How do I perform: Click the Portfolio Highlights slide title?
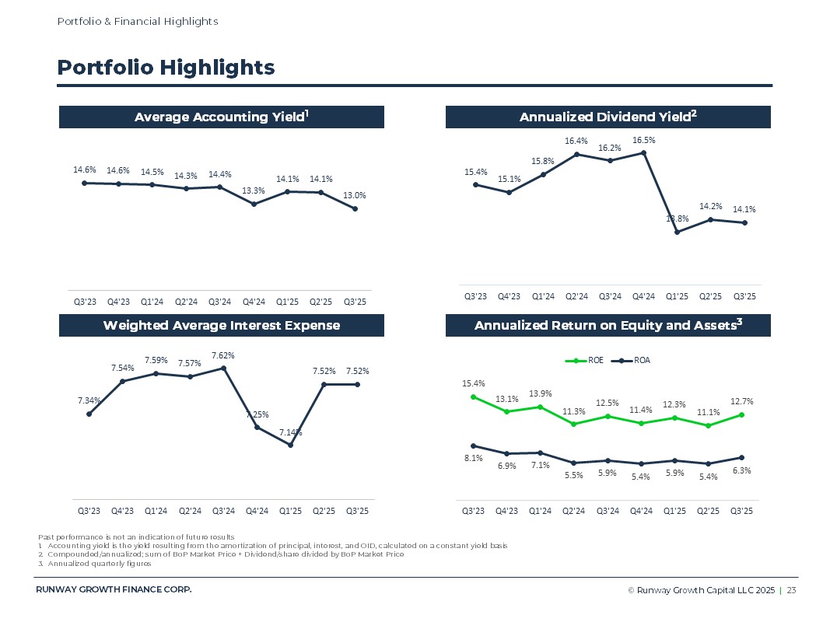166,68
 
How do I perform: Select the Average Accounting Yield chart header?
222,117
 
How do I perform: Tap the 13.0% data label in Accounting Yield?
356,196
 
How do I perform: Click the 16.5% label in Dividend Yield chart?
643,141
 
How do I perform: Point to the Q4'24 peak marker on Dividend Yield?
643,153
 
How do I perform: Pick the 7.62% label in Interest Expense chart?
223,355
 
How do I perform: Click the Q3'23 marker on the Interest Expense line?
89,414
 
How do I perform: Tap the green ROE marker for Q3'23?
473,397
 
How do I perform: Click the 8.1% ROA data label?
473,459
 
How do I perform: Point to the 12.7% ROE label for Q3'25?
742,401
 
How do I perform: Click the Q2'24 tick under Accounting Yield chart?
186,302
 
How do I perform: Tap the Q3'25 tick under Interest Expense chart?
357,511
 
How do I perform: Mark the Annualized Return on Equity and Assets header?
608,325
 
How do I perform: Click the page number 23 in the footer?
791,591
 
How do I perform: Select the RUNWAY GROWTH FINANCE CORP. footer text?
114,589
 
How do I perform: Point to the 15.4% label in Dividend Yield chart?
475,172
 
